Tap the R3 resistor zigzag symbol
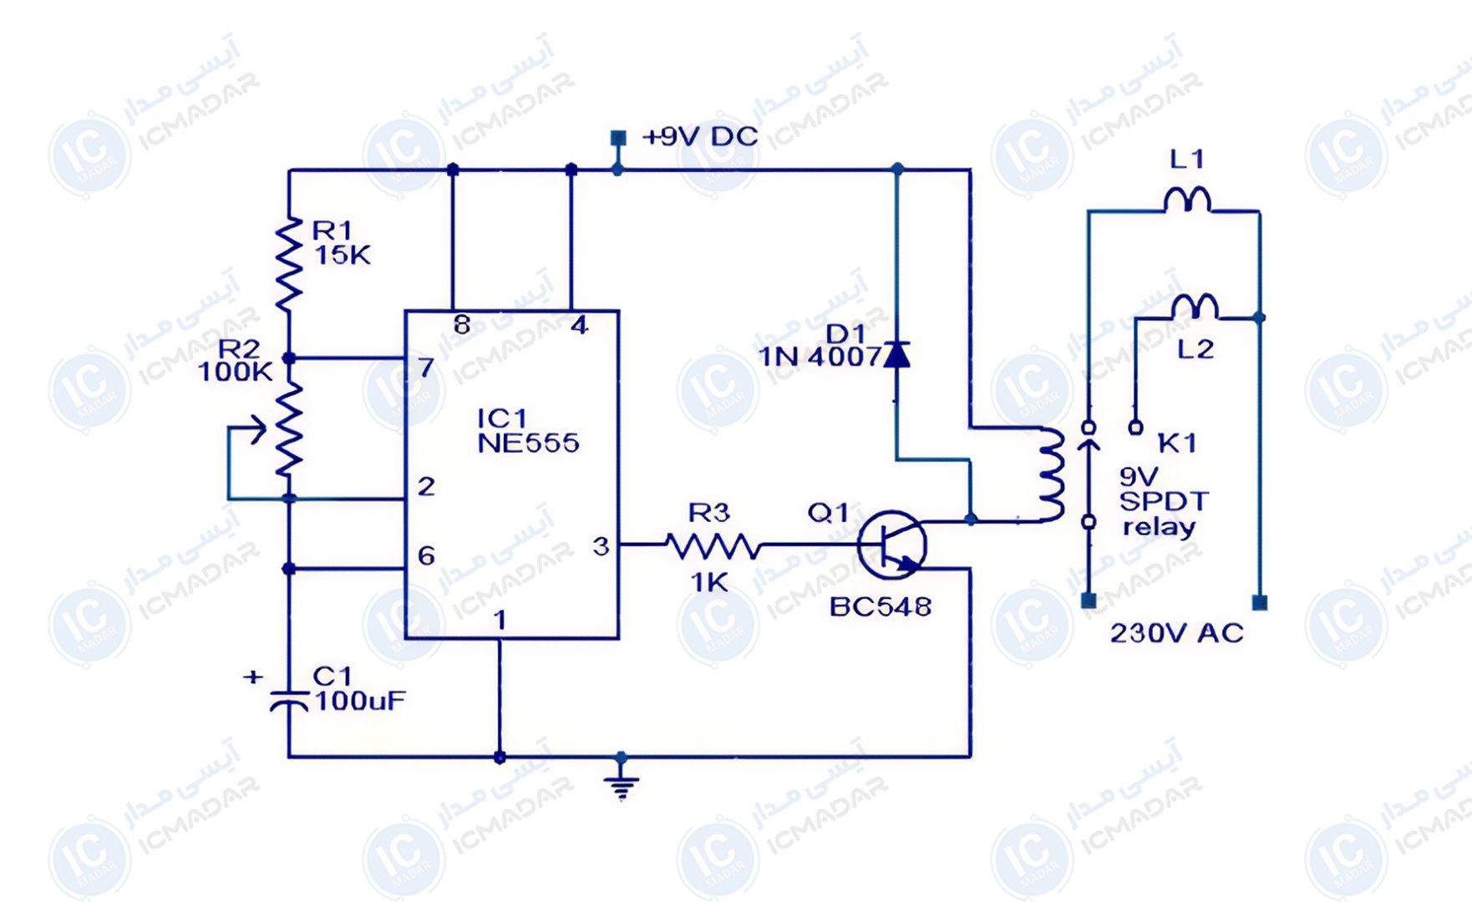713,546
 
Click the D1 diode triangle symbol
897,354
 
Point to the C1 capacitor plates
289,701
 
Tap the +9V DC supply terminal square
618,138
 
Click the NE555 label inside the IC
528,443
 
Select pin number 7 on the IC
426,367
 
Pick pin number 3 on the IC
601,546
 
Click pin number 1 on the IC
500,620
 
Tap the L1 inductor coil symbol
1187,200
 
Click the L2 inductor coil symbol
1195,307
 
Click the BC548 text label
881,606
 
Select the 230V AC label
1176,633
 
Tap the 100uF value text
360,701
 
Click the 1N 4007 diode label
820,357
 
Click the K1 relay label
1177,443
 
